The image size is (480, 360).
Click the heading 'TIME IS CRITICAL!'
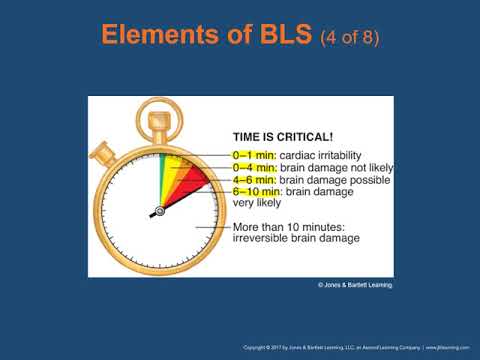tap(282, 141)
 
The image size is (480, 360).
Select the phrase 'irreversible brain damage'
tap(296, 238)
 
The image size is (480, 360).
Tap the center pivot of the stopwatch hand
tap(159, 211)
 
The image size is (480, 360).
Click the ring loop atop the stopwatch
tap(159, 122)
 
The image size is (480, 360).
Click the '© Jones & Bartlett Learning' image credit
tap(355, 285)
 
